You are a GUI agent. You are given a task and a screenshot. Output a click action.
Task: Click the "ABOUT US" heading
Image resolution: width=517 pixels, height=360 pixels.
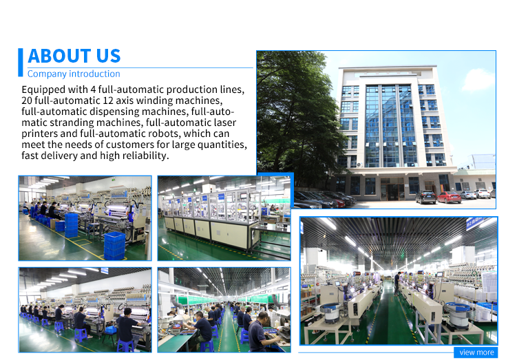pos(74,56)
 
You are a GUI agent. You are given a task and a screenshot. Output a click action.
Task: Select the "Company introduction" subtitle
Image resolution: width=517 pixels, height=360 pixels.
pos(74,74)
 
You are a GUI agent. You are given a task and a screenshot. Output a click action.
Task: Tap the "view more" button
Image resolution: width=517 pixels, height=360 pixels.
pos(476,352)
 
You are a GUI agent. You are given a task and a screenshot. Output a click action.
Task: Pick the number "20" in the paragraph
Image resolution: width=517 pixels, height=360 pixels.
pos(27,100)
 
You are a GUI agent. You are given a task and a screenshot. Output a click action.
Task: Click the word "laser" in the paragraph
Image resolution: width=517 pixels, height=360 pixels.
pos(225,123)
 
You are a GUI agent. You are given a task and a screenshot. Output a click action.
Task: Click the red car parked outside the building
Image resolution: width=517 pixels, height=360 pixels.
pos(449,197)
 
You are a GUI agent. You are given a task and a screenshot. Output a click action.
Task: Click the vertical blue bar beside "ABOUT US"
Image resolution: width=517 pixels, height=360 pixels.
pos(21,63)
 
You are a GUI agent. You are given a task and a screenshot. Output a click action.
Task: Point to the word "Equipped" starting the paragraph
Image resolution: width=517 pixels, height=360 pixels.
pos(43,89)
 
